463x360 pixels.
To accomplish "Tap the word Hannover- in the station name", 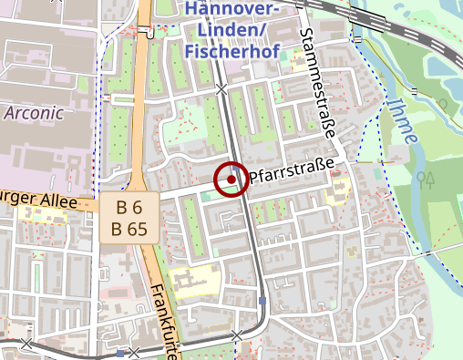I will pyautogui.click(x=232, y=9).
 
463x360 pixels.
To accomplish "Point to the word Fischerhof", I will pyautogui.click(x=231, y=51).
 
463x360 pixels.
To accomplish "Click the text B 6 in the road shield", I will pyautogui.click(x=129, y=209).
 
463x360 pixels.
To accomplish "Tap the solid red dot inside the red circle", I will pyautogui.click(x=231, y=180).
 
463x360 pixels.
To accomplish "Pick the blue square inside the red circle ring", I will pyautogui.click(x=237, y=169).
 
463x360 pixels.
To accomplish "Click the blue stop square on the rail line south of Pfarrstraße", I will pyautogui.click(x=262, y=301).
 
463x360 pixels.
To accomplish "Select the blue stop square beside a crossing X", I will pyautogui.click(x=119, y=353).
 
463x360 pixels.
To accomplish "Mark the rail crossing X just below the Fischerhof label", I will pyautogui.click(x=221, y=89).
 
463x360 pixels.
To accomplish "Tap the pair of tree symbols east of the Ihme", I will pyautogui.click(x=426, y=177).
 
